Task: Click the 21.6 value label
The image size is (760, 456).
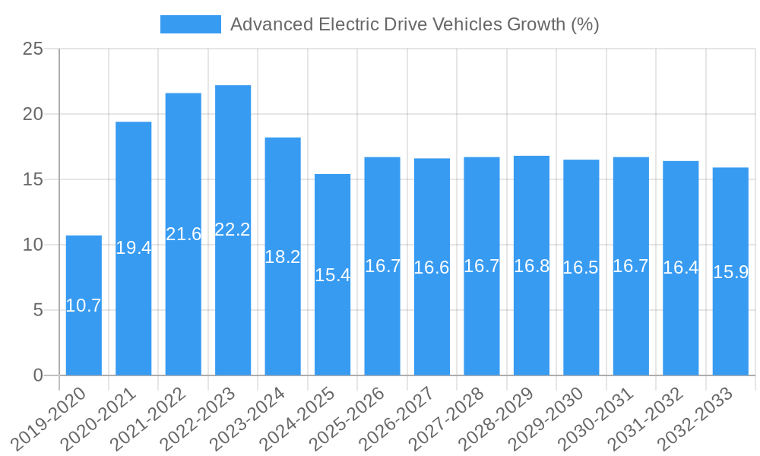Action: click(x=183, y=234)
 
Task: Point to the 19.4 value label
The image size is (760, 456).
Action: click(x=134, y=247)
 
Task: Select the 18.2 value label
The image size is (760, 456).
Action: click(x=283, y=257)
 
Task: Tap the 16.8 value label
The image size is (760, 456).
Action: click(x=532, y=266)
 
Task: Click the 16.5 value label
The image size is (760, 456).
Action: click(x=581, y=268)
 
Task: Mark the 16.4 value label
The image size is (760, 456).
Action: click(x=681, y=268)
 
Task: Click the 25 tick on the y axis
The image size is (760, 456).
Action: click(x=33, y=49)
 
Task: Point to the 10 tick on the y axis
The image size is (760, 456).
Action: click(x=33, y=245)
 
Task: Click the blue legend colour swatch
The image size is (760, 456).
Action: click(x=190, y=24)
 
